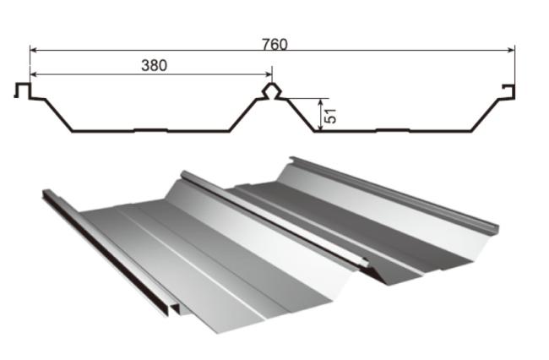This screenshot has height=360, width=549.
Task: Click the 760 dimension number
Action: (x=274, y=44)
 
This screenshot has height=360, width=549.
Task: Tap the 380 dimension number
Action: (x=154, y=65)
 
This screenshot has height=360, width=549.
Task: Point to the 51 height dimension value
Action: (x=330, y=116)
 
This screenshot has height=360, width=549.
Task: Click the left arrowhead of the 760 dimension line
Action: (x=34, y=51)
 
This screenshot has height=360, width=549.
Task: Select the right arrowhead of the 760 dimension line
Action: (x=511, y=51)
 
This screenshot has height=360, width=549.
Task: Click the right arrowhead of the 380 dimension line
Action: (x=269, y=74)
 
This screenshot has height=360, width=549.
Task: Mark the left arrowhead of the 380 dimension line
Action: (x=34, y=74)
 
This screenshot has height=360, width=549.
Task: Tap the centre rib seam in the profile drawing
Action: (x=272, y=91)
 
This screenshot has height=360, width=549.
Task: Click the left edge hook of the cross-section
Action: (x=23, y=90)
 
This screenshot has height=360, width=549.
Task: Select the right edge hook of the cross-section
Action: (x=508, y=92)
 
